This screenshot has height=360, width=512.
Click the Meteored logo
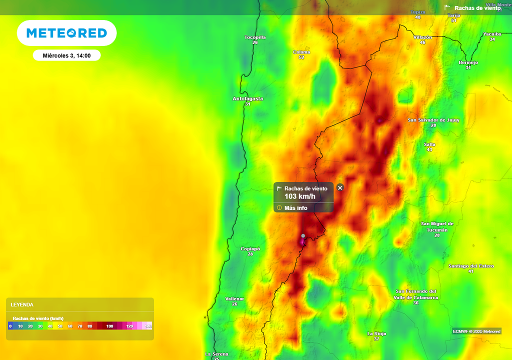pos(66,33)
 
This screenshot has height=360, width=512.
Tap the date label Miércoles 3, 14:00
pos(66,55)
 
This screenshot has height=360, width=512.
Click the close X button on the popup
pos(340,187)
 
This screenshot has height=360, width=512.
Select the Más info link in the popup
pos(295,208)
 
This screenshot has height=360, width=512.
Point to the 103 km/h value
pos(300,196)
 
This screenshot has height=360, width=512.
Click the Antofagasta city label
pos(248,99)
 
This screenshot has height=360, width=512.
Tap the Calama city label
pos(301,52)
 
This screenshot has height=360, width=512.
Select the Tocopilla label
pos(255,37)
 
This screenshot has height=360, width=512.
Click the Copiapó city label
pos(250,249)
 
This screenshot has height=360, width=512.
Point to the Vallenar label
pos(234,298)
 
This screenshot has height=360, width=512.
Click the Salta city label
pos(429,144)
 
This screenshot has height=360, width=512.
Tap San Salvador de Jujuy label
pos(433,120)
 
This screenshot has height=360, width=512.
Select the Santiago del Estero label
pos(471,266)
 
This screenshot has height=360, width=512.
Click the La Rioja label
pos(376,333)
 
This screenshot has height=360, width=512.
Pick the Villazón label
pos(422,37)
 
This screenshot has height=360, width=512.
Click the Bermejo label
pos(468,62)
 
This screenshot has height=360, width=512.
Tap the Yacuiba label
pos(492,34)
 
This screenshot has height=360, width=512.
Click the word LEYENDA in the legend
pos(22,304)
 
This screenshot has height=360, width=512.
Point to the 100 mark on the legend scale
pos(110,326)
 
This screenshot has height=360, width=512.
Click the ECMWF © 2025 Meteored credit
pos(476,331)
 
